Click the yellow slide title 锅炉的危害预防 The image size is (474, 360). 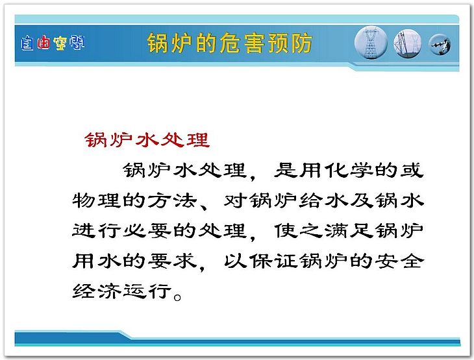coord(229,43)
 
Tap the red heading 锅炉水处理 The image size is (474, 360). coord(147,140)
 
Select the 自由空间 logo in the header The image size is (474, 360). coord(53,43)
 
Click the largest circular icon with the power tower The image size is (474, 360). coord(371,43)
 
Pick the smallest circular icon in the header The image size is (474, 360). coord(440,44)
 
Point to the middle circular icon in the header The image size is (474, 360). coord(408,43)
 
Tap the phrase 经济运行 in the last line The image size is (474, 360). coord(122,291)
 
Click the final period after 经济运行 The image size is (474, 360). coord(178,297)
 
